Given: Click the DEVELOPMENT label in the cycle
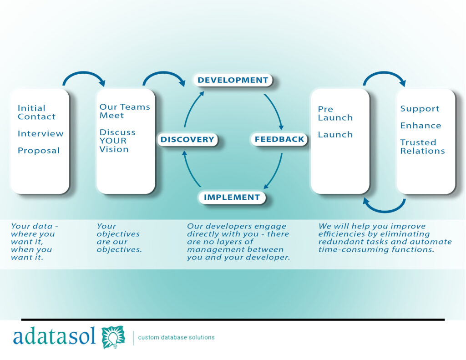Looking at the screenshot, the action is point(233,80).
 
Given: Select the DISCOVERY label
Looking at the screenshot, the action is point(187,139).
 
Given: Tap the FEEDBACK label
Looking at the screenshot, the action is point(279,139).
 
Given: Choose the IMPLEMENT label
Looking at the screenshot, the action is point(232,197).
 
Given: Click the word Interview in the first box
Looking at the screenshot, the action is point(41,133).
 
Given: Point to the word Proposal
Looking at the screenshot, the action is point(39,151).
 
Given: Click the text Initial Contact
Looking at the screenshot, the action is point(36,112).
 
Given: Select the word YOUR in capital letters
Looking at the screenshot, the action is point(113,141).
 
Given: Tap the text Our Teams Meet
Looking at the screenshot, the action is point(125,111).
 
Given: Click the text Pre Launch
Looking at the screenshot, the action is point(335,113).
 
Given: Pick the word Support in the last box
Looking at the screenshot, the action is point(420,109).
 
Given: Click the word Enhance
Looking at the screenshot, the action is point(420,126).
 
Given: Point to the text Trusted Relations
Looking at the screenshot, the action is point(422,147).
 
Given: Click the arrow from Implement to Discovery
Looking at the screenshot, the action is point(190,170).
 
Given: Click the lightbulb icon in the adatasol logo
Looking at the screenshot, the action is point(113,337).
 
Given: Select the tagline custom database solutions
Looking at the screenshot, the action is point(176,337).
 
